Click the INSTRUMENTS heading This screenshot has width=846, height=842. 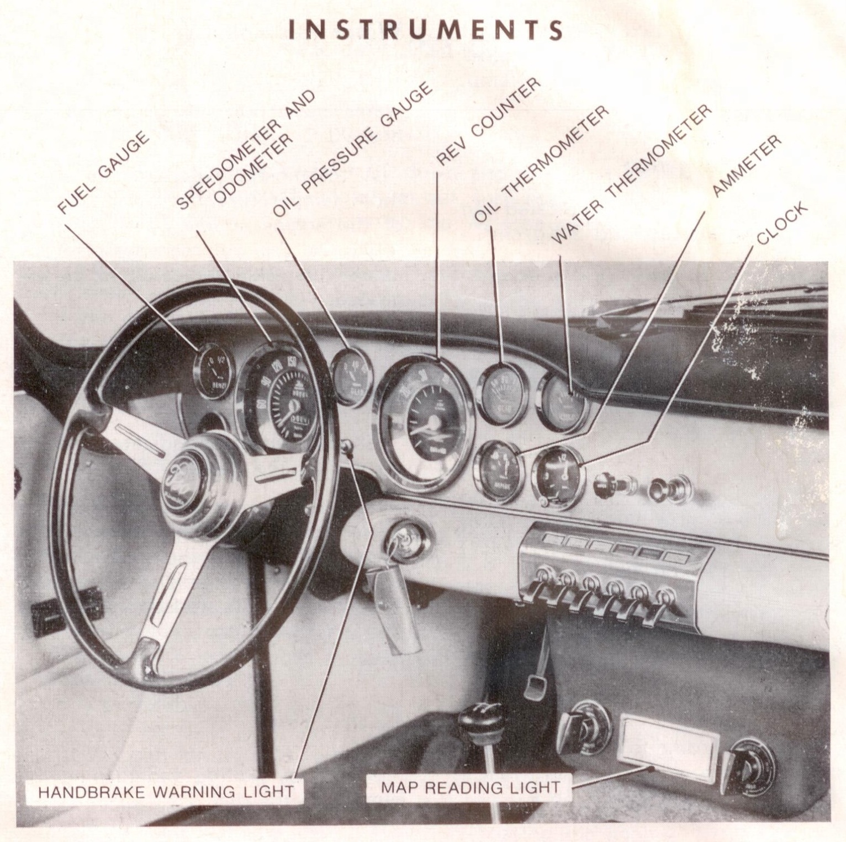click(426, 30)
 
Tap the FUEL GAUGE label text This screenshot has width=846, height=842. click(103, 172)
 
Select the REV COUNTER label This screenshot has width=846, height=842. click(486, 121)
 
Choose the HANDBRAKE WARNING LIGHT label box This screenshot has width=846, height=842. click(165, 791)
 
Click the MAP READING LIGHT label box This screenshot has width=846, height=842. click(469, 787)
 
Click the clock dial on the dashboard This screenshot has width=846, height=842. click(558, 476)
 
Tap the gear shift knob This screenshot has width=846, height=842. click(479, 716)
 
